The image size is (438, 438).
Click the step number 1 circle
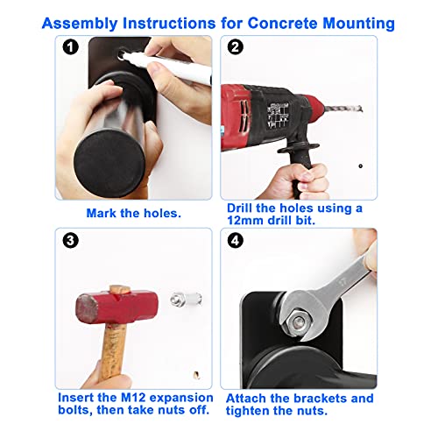click(70, 47)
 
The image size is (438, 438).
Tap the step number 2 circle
click(236, 47)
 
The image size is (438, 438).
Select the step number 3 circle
click(70, 241)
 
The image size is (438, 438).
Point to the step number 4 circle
click(236, 241)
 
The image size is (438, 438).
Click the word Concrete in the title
click(282, 23)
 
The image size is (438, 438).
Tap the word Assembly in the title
click(80, 24)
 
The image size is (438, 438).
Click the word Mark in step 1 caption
click(102, 213)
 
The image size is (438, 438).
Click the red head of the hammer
click(117, 307)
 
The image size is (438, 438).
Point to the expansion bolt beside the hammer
click(187, 300)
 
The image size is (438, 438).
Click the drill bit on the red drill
click(343, 109)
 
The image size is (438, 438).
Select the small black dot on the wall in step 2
click(361, 166)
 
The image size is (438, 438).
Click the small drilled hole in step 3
click(197, 375)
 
